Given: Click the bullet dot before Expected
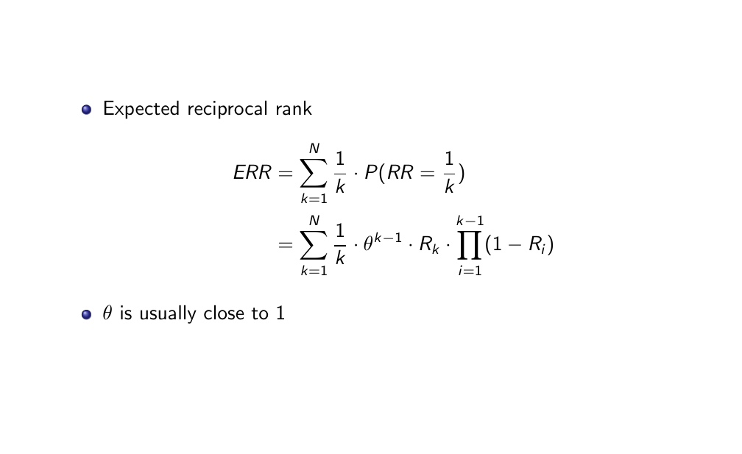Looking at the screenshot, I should tap(87, 110).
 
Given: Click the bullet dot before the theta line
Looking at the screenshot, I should tap(87, 314).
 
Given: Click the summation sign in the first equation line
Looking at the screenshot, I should tap(314, 174).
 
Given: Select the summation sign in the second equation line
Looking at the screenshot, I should tap(314, 244).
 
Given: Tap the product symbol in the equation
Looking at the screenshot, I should tap(470, 244).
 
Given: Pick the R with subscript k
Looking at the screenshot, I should tap(428, 246).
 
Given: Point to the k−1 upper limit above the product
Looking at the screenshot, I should tap(470, 221).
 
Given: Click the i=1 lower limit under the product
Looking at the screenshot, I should tap(470, 271).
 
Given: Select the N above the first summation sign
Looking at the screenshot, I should tap(314, 149).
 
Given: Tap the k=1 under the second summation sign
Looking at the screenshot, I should tap(314, 271).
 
